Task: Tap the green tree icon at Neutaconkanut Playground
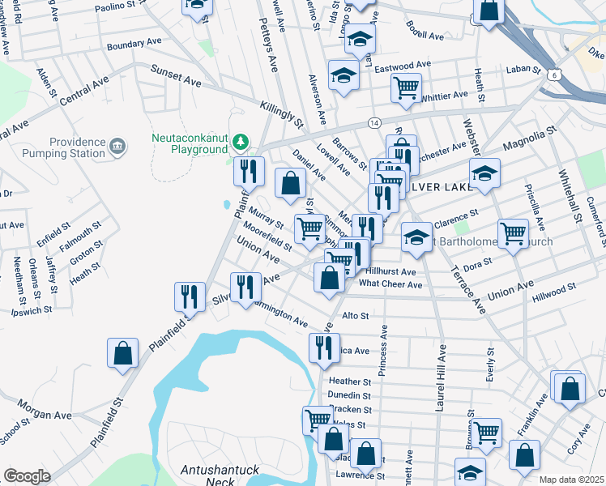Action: click(x=240, y=143)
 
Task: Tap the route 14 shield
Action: click(x=373, y=122)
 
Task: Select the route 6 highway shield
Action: click(x=553, y=74)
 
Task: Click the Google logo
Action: click(x=27, y=476)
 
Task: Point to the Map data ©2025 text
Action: click(x=571, y=480)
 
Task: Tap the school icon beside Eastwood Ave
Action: click(x=344, y=75)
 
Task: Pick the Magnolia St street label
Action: click(x=531, y=135)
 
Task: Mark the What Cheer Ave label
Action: click(x=390, y=284)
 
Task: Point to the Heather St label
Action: click(x=350, y=381)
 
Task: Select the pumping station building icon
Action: click(x=117, y=147)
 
